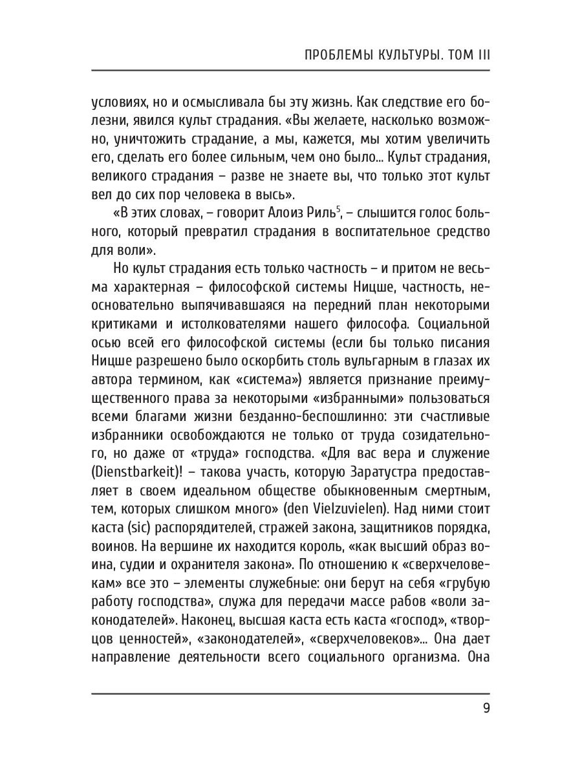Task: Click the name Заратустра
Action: tap(362, 471)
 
